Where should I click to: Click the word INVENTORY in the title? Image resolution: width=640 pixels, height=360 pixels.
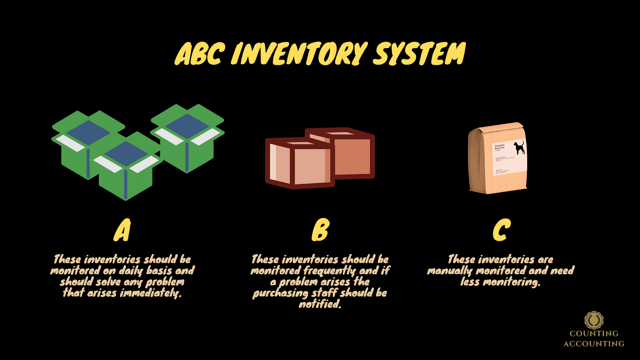(299, 54)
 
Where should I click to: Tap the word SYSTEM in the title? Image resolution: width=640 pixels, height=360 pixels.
(419, 54)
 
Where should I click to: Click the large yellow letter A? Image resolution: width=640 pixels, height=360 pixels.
(122, 230)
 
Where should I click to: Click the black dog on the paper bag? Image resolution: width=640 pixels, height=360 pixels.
(519, 148)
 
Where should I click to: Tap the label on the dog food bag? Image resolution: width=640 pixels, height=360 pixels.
(509, 158)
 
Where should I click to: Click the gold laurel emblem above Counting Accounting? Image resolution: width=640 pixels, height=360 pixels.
(594, 320)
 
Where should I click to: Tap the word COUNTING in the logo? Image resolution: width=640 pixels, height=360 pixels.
(594, 334)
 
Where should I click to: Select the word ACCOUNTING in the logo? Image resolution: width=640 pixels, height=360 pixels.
(594, 344)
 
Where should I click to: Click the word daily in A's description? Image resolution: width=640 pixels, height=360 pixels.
(131, 271)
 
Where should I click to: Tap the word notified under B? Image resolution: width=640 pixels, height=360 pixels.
(320, 304)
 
